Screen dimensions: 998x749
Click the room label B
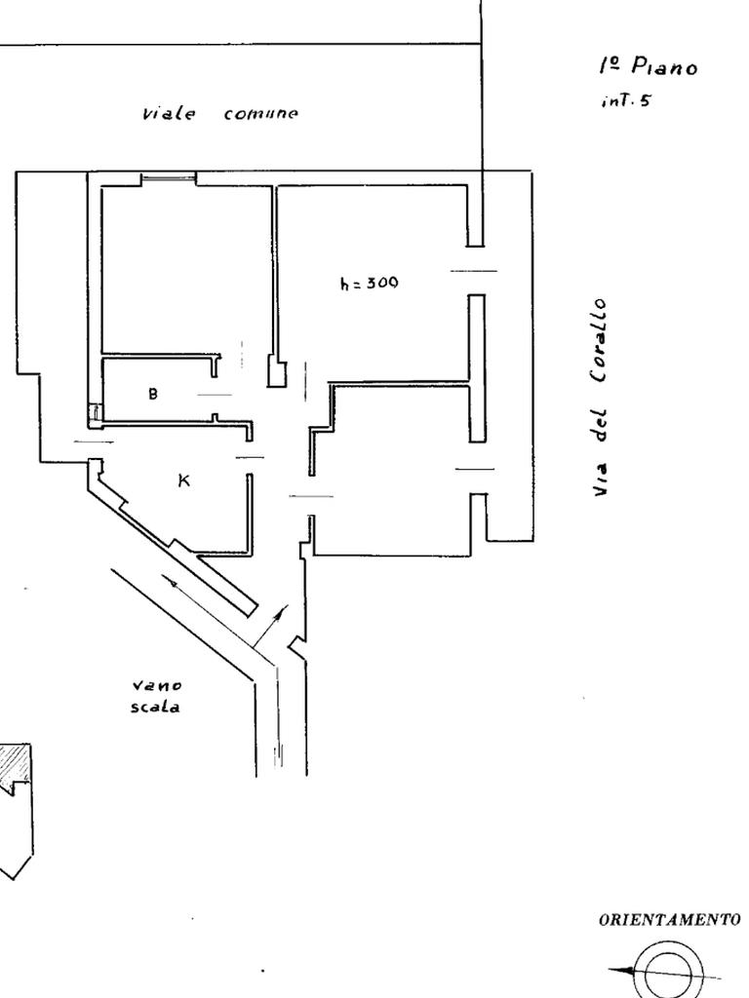(153, 394)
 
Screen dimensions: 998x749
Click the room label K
(183, 480)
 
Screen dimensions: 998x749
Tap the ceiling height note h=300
(369, 284)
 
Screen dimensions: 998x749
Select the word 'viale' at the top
(169, 113)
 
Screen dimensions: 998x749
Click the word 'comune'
(261, 113)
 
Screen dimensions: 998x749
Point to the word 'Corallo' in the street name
(603, 342)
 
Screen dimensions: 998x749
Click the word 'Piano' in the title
(664, 66)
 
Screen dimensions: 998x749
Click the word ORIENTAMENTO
(669, 919)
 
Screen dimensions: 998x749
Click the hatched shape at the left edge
(16, 765)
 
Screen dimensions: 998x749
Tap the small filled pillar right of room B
(278, 371)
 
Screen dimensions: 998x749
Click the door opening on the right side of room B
(215, 394)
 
